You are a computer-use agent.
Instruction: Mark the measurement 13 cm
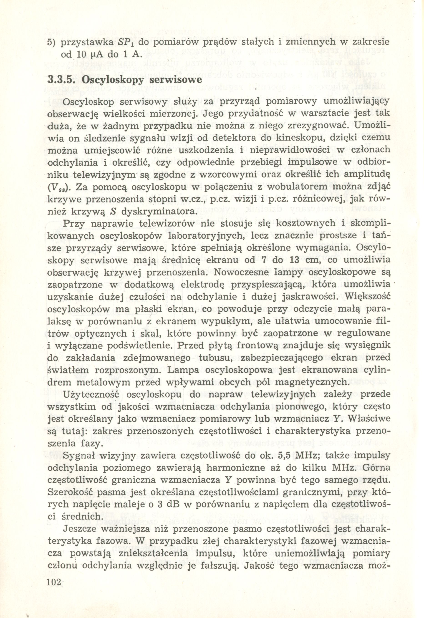pyautogui.click(x=305, y=260)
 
